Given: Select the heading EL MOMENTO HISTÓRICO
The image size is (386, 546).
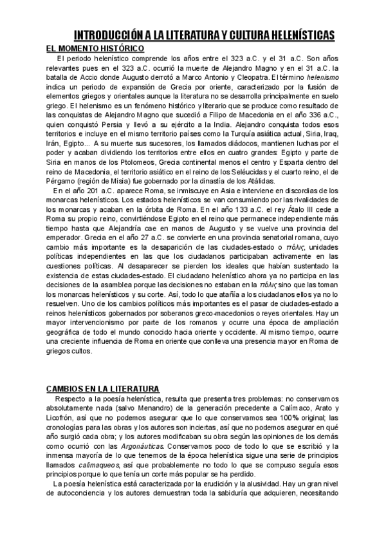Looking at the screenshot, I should (95, 49).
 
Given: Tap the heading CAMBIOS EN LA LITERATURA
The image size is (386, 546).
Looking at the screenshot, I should (103, 390).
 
